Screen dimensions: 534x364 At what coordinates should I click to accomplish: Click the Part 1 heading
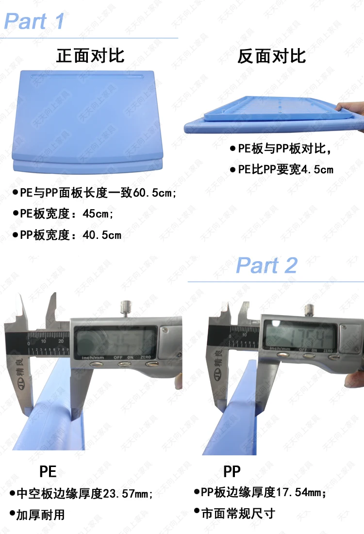[x=34, y=22]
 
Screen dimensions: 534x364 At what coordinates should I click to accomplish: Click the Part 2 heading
[x=266, y=266]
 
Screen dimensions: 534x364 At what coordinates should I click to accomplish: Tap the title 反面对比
[x=272, y=56]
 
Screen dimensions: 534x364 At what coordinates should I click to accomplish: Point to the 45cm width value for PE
[x=96, y=214]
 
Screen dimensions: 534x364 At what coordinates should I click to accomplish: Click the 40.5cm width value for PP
[x=102, y=235]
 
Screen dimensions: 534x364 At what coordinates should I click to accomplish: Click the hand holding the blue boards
[x=352, y=109]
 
